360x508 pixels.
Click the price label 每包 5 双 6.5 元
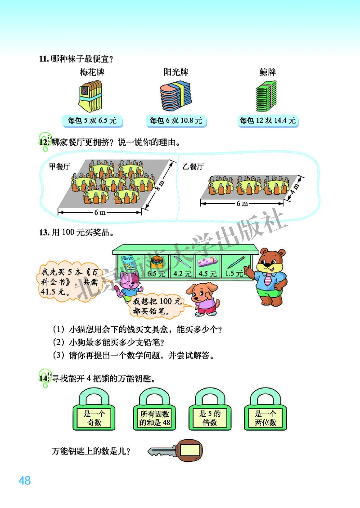[92, 121]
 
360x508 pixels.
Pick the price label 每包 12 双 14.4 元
[268, 121]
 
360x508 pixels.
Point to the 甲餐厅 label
[60, 166]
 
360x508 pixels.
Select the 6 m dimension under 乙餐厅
[242, 204]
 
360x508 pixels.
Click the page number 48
[24, 481]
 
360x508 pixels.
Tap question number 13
[44, 232]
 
